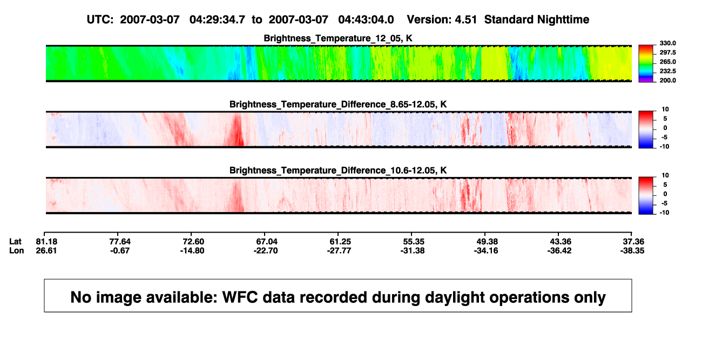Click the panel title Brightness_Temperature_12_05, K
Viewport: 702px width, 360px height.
[338, 38]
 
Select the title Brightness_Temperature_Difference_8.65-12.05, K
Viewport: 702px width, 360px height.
[338, 104]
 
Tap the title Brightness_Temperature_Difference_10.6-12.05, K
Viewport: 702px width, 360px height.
[338, 171]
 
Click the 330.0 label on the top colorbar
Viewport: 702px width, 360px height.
[667, 43]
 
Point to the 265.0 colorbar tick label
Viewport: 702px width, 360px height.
[667, 62]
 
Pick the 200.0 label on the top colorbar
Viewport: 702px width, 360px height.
[667, 80]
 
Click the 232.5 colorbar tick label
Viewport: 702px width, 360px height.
[667, 71]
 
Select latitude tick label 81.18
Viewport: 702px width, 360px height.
[46, 242]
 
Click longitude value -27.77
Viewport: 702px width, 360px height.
[339, 250]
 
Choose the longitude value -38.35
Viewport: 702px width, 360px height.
[632, 250]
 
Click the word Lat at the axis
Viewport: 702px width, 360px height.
[15, 242]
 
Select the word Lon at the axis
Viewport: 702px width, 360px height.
[17, 250]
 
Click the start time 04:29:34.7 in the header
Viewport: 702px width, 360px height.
[217, 20]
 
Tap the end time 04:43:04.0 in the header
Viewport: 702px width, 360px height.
[366, 20]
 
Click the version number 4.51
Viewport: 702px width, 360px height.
[466, 20]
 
